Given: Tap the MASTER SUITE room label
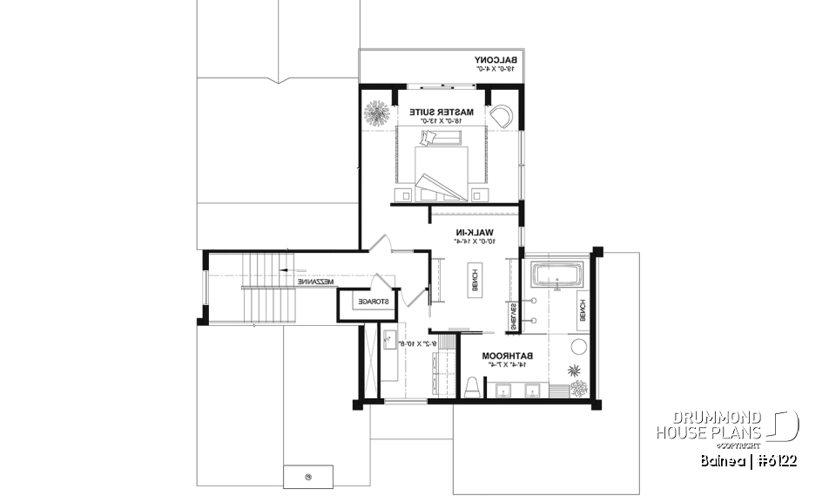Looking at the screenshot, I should point(443,112).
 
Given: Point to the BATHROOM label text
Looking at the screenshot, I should point(509,356).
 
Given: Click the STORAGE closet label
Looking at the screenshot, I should point(367,302).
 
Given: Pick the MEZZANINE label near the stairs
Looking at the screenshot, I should point(315,282).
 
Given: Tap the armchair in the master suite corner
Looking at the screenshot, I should point(502,116).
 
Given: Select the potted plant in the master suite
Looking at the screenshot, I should point(377,112).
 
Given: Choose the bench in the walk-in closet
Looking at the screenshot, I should point(475,276).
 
